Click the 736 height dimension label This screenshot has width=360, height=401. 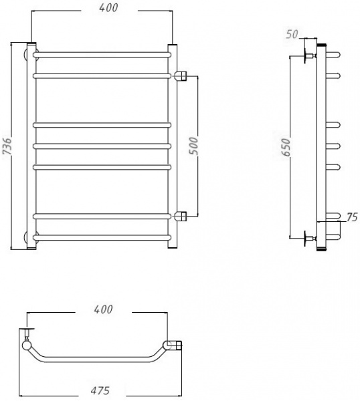tap(7, 146)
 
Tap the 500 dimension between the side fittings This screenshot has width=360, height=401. tap(193, 146)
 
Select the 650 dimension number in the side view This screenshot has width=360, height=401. tap(286, 147)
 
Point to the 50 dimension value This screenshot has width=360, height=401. tap(292, 34)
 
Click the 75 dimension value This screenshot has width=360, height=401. tap(352, 217)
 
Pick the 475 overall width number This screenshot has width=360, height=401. tap(100, 390)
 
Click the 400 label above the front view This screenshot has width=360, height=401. tap(108, 7)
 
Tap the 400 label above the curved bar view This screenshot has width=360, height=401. tap(103, 309)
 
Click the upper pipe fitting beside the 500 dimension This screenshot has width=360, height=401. tap(181, 76)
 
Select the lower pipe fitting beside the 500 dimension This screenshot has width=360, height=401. tap(181, 217)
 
